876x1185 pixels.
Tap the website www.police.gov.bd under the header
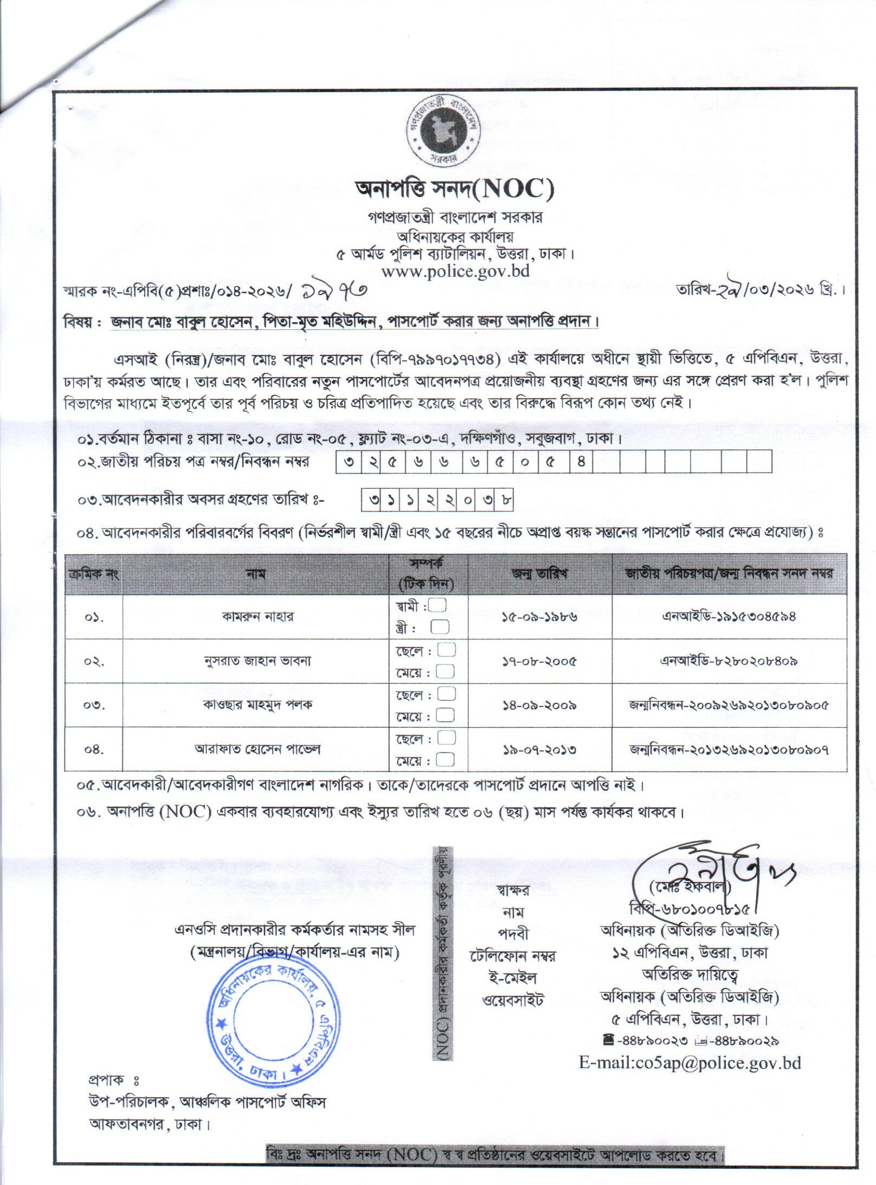455,271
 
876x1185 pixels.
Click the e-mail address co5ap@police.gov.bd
690,1063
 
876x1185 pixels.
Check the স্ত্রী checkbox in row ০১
440,627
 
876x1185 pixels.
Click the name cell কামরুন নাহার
257,617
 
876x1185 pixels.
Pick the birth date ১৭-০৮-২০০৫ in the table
539,661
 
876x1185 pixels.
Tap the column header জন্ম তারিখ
539,574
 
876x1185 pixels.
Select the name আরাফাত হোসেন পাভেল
257,749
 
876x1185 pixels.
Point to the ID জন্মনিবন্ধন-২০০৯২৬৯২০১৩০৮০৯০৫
729,705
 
